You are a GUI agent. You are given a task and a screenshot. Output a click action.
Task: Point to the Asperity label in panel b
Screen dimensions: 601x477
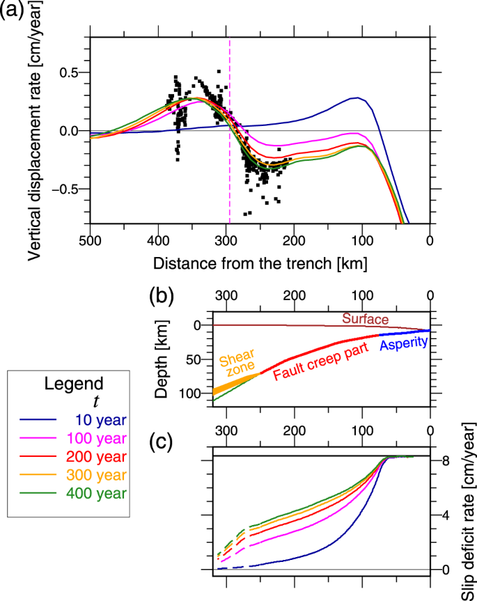[405, 343]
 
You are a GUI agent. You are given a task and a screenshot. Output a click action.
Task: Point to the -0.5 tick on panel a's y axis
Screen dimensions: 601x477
[69, 189]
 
